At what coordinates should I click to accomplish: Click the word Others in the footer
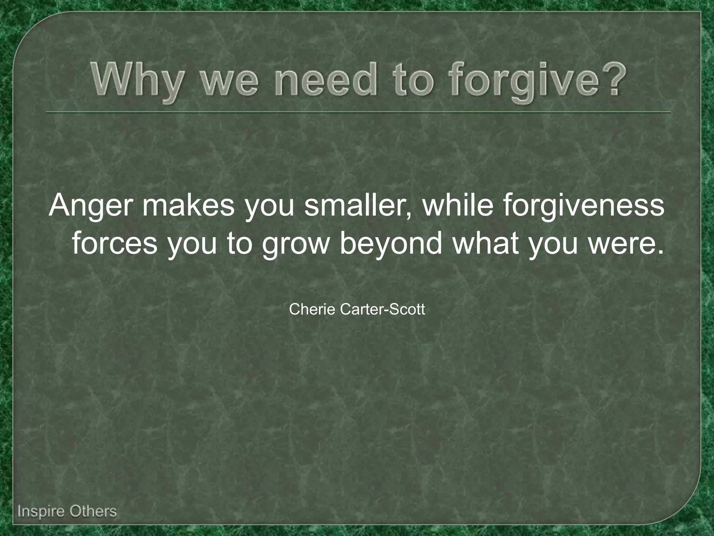click(93, 512)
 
